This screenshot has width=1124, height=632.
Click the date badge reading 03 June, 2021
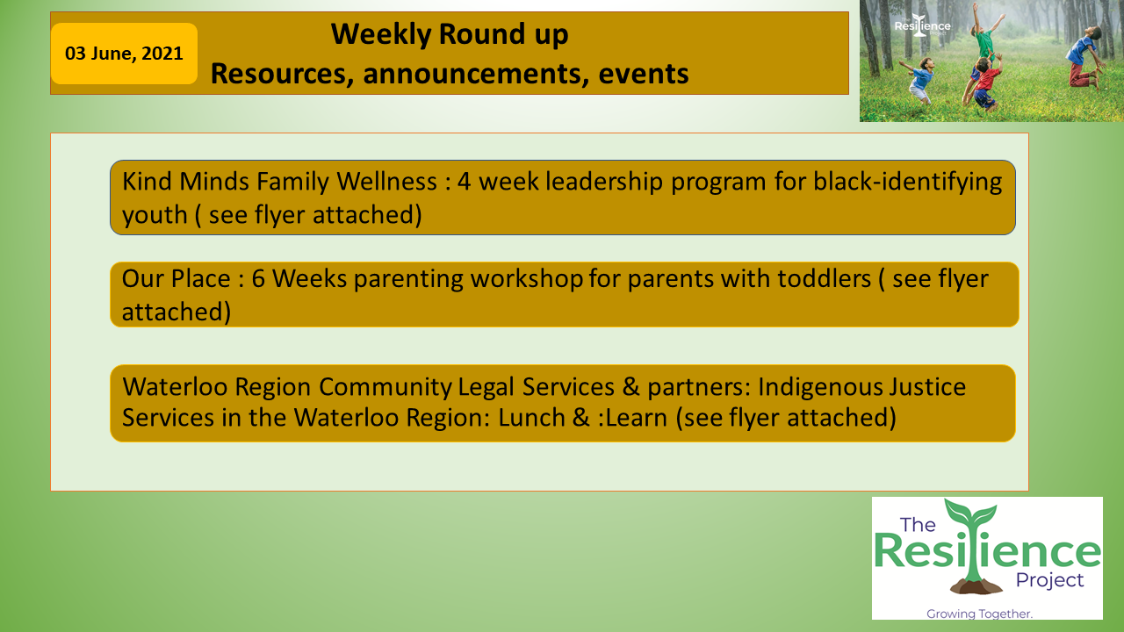[x=124, y=54]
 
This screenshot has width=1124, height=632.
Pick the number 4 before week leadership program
[x=465, y=182]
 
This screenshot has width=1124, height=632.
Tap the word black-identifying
[x=908, y=183]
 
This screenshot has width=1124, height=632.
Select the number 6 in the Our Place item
[x=258, y=279]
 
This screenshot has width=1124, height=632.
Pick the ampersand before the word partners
[x=630, y=387]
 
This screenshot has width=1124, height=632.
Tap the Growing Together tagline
[x=979, y=614]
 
